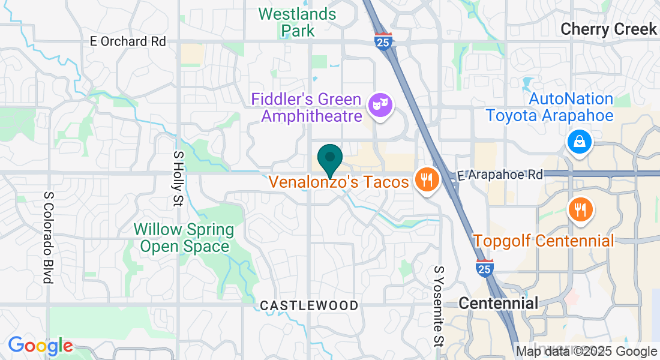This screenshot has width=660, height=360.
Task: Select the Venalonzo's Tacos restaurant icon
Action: (x=426, y=180)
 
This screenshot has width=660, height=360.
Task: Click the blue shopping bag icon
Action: (x=580, y=142)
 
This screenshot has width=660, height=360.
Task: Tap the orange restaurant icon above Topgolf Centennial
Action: (x=580, y=209)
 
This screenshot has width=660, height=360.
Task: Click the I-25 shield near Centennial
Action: (x=484, y=268)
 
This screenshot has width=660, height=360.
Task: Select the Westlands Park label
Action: (x=297, y=22)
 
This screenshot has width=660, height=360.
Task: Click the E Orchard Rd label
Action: (x=127, y=41)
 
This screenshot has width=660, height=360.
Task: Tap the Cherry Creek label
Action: (x=608, y=29)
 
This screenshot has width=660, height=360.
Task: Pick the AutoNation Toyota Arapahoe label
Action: (x=549, y=107)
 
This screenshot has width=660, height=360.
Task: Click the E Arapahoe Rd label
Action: (x=500, y=175)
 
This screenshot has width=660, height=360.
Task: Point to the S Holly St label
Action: (x=178, y=178)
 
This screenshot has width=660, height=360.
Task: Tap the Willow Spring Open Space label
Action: (x=184, y=238)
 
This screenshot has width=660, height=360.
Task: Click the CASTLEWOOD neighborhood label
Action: (x=309, y=306)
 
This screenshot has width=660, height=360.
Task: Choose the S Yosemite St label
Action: (x=439, y=306)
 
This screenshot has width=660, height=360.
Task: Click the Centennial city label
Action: (x=499, y=303)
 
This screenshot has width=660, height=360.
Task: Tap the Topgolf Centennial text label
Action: (x=544, y=241)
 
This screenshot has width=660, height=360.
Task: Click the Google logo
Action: (x=40, y=346)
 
